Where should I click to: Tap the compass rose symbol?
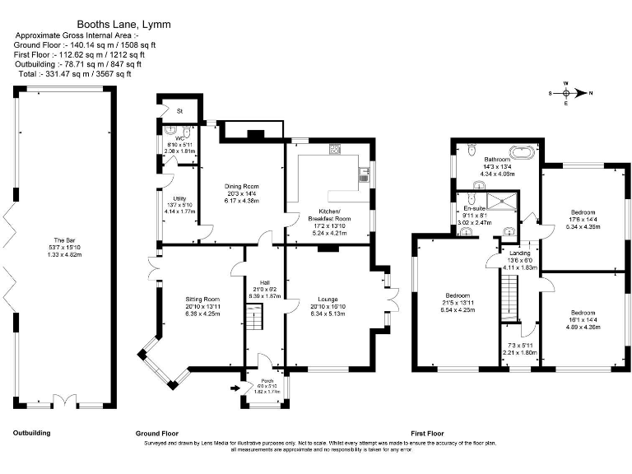click(565, 93)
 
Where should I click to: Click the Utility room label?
click(179, 198)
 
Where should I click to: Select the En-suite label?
click(472, 209)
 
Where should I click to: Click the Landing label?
click(519, 253)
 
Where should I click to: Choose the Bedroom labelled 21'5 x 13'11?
click(458, 295)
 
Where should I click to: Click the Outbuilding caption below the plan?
click(30, 432)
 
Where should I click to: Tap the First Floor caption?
click(427, 432)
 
